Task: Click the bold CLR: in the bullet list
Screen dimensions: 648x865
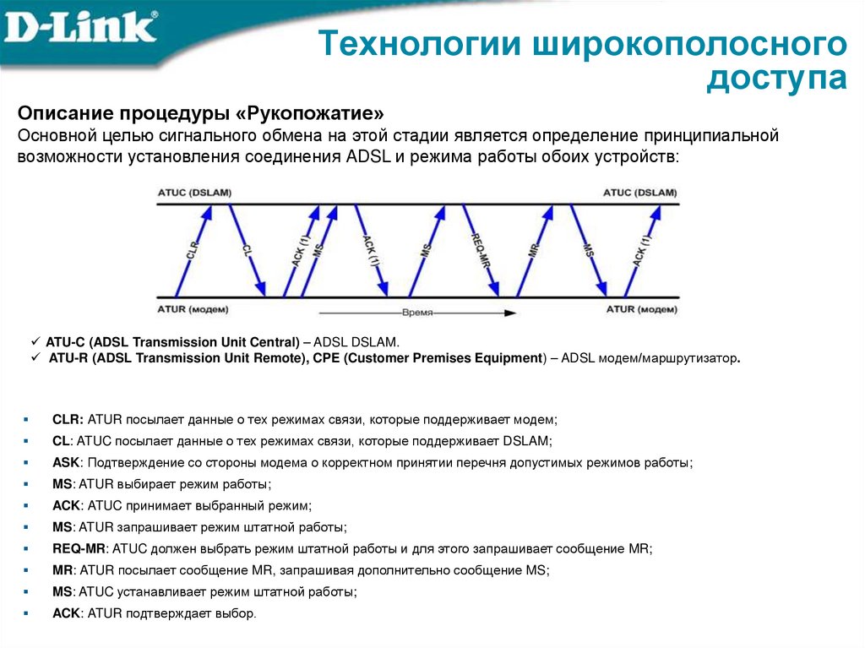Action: (x=68, y=418)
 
